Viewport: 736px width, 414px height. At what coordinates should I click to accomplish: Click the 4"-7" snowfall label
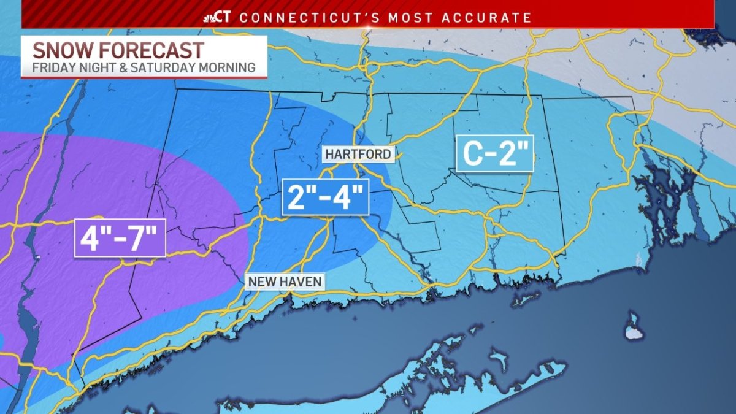(x=120, y=238)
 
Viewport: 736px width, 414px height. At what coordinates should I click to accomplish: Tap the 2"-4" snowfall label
(x=325, y=197)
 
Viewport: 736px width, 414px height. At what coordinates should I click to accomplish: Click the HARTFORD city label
(x=358, y=154)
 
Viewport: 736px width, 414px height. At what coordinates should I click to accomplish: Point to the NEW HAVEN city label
(x=285, y=282)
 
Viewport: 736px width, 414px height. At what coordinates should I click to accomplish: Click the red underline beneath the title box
(x=144, y=77)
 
